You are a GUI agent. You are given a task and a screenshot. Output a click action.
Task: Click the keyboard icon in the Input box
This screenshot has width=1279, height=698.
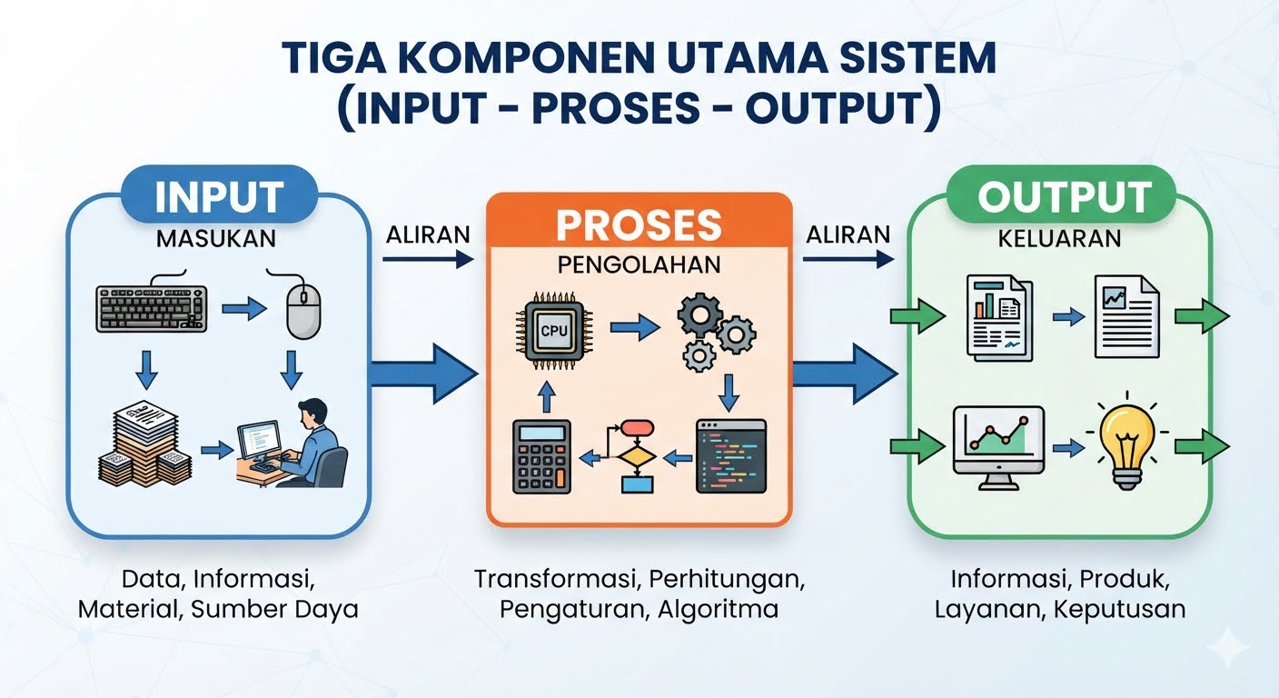(152, 308)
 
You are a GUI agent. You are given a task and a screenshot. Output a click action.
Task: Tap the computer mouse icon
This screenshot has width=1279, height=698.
(303, 312)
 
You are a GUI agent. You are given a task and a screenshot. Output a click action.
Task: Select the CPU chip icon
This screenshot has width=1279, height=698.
(554, 330)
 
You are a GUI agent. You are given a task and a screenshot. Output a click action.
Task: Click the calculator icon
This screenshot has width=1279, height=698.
(541, 456)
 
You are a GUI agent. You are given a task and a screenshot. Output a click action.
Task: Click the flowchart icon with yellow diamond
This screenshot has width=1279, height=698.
(637, 456)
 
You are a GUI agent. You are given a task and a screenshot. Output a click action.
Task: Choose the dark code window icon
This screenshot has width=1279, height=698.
(731, 456)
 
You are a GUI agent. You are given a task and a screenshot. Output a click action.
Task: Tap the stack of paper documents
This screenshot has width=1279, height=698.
(145, 444)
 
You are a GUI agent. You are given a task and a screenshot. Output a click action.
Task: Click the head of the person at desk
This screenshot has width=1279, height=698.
(313, 413)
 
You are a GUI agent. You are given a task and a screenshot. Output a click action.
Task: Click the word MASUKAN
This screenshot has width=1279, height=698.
(216, 239)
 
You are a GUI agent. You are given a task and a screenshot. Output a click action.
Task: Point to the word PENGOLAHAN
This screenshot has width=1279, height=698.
(639, 264)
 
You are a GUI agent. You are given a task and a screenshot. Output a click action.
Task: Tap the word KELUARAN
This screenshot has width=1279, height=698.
(1060, 239)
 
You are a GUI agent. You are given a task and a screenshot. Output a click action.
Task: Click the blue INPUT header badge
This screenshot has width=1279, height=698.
(219, 194)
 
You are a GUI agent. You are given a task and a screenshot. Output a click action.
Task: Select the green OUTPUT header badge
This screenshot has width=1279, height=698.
(1061, 194)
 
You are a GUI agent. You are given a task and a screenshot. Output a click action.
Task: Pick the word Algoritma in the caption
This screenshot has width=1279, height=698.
(718, 610)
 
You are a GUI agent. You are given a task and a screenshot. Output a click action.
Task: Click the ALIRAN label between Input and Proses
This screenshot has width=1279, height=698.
(428, 234)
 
